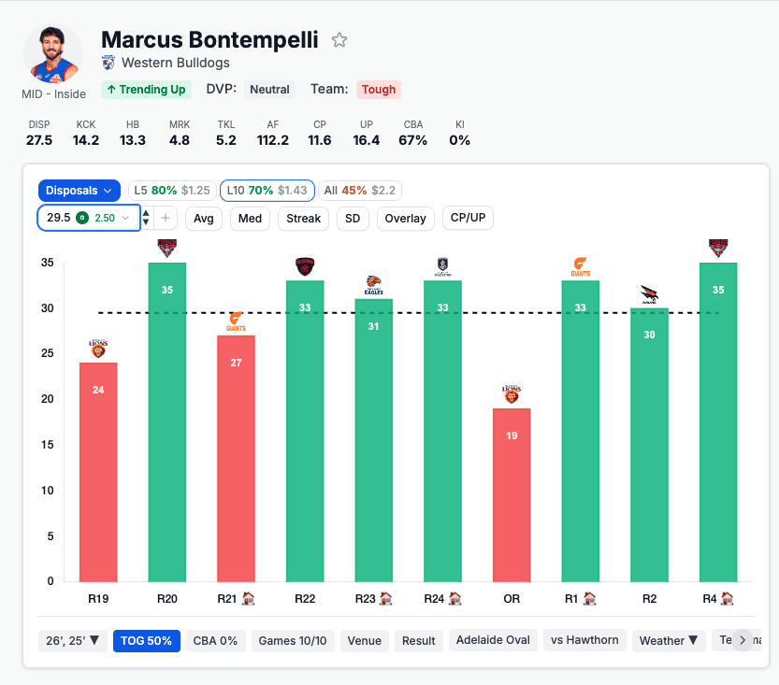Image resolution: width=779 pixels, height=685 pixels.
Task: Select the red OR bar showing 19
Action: pyautogui.click(x=512, y=494)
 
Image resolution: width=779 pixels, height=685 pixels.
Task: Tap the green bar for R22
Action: pyautogui.click(x=305, y=431)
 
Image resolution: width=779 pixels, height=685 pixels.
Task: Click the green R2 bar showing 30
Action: pyautogui.click(x=649, y=445)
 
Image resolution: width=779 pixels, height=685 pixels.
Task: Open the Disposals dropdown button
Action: pyautogui.click(x=79, y=191)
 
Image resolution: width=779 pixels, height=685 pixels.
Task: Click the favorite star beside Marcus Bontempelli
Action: pyautogui.click(x=339, y=40)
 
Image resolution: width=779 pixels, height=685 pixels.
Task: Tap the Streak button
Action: pyautogui.click(x=304, y=219)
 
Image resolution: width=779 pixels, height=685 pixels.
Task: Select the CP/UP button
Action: pyautogui.click(x=468, y=218)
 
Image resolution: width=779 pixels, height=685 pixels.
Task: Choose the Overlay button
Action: pyautogui.click(x=405, y=219)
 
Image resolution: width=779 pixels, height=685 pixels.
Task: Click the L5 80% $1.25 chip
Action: pyautogui.click(x=172, y=191)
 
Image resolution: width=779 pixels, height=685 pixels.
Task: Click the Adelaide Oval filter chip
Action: pyautogui.click(x=494, y=640)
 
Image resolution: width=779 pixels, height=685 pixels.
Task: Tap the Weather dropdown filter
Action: pyautogui.click(x=669, y=640)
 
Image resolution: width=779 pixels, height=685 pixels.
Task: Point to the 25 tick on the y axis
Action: pyautogui.click(x=47, y=354)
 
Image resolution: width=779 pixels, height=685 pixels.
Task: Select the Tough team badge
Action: pyautogui.click(x=379, y=90)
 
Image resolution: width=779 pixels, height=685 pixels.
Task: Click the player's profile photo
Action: pyautogui.click(x=53, y=54)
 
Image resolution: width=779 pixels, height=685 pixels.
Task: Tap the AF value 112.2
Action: pyautogui.click(x=273, y=140)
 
